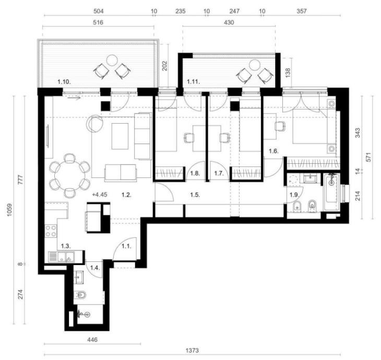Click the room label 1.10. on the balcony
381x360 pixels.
point(64,82)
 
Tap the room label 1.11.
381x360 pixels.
point(194,81)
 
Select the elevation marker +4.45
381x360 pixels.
point(100,195)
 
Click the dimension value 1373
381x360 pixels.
point(192,351)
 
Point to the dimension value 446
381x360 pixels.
point(92,339)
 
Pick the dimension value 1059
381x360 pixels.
point(9,210)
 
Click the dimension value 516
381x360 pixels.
point(98,22)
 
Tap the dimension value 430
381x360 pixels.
point(229,22)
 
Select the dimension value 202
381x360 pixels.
point(165,66)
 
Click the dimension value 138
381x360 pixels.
point(288,73)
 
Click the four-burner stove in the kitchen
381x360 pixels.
point(51,231)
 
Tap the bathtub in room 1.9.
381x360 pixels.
point(331,192)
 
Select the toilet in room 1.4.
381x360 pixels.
point(80,295)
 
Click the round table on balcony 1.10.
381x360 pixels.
point(112,60)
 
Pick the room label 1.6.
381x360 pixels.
point(273,151)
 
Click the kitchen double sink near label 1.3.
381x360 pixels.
point(62,257)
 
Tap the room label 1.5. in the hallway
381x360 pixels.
point(195,195)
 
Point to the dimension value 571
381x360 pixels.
point(368,158)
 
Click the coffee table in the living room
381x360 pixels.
point(120,136)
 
